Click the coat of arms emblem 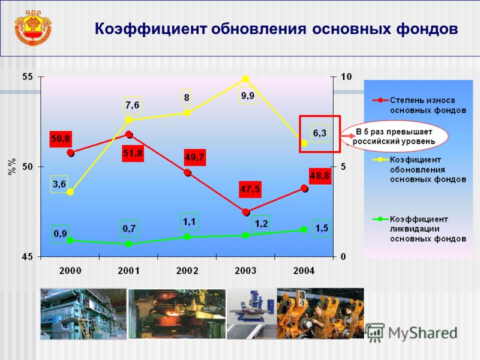pos(33,28)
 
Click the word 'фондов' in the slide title pos(427,29)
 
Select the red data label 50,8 pos(61,139)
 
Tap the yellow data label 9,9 pos(248,96)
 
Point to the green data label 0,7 pos(129,229)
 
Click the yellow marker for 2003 pos(245,79)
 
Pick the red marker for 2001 pos(129,134)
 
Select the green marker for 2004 pos(304,230)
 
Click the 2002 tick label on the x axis pos(187,271)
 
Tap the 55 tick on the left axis pos(28,77)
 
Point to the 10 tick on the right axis pos(346,77)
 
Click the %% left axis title pos(11,167)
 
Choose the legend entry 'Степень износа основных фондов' pos(419,105)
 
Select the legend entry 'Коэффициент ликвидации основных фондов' pos(419,229)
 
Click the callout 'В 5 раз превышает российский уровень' pos(394,136)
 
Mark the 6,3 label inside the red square pos(320,133)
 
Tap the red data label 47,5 pos(250,189)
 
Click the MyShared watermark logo pos(411,332)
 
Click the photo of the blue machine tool pos(251,313)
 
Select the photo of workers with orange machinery pos(320,313)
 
